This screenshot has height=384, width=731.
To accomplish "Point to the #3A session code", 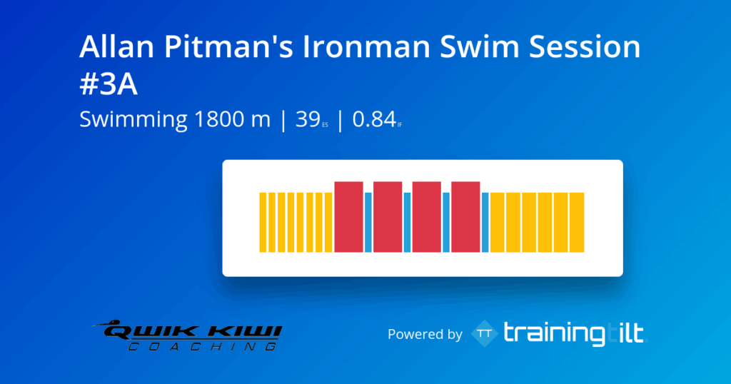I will click(x=109, y=84).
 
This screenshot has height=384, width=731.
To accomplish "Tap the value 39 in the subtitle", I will click(x=307, y=120).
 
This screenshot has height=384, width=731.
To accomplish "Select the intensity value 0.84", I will click(x=373, y=120).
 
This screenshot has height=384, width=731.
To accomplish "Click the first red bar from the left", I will click(x=349, y=217).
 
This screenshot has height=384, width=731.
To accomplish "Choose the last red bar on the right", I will click(x=465, y=217).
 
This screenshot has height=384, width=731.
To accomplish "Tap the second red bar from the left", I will click(x=388, y=217).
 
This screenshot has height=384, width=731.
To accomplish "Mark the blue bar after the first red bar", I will click(x=368, y=222).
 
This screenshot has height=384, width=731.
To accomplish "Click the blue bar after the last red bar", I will click(x=485, y=222).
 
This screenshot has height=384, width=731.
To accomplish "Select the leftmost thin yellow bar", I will click(x=262, y=222).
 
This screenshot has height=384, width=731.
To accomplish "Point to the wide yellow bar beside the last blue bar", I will click(x=497, y=222).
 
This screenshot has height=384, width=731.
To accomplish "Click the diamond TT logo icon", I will click(x=485, y=333).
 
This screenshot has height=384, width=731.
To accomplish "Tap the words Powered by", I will click(x=425, y=334).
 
